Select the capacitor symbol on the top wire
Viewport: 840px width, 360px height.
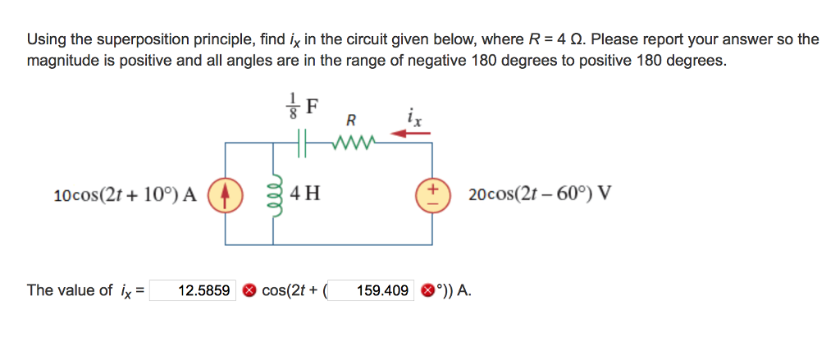[302, 144]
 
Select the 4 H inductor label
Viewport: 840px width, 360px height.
[304, 193]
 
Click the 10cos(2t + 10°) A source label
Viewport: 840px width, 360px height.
[126, 194]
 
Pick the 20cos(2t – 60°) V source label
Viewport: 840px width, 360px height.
[538, 194]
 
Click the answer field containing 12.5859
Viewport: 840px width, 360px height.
[192, 290]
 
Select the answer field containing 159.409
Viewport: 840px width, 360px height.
[371, 290]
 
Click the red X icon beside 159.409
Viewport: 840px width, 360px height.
[427, 291]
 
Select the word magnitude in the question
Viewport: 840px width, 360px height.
[59, 61]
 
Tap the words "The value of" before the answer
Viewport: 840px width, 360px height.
[70, 290]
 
